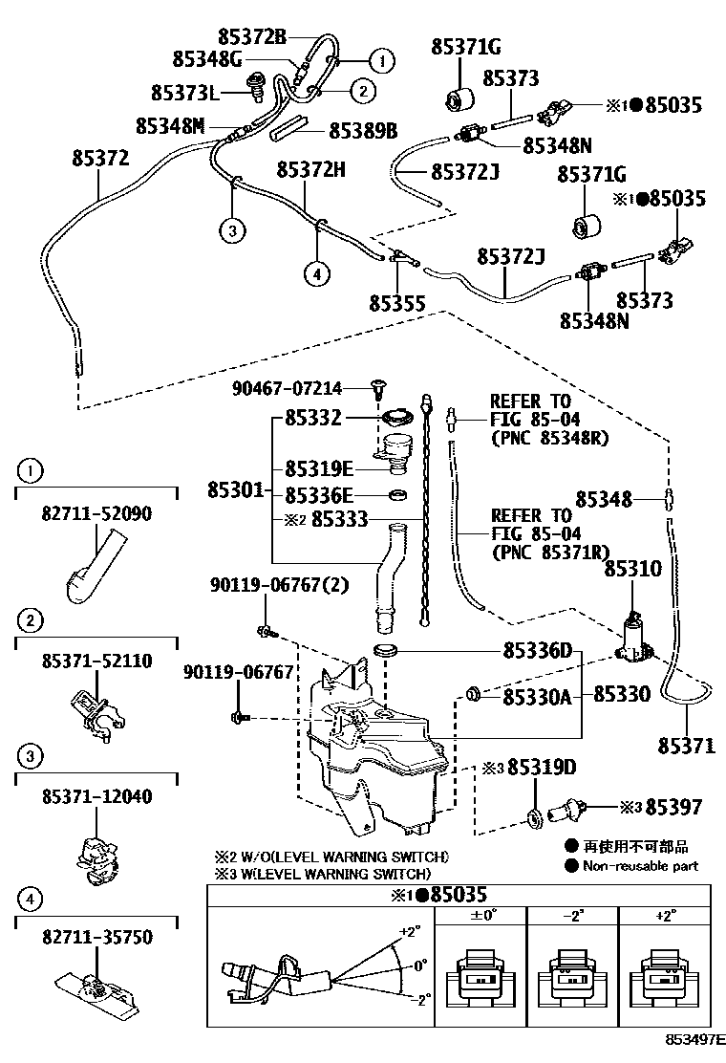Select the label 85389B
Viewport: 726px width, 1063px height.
[x=363, y=130]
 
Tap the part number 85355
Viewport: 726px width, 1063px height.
[x=396, y=302]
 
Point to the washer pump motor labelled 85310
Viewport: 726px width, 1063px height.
[x=633, y=639]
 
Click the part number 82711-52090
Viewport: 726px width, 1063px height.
[x=96, y=513]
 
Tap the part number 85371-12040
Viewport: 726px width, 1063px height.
[x=96, y=796]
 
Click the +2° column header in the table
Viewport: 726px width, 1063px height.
[x=666, y=915]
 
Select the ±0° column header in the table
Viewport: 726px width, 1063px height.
[x=481, y=915]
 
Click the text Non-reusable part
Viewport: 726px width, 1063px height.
[x=639, y=866]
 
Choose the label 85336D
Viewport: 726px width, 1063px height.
[x=537, y=651]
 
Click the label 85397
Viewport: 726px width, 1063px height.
[x=673, y=808]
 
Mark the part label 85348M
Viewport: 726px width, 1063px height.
[x=170, y=126]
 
